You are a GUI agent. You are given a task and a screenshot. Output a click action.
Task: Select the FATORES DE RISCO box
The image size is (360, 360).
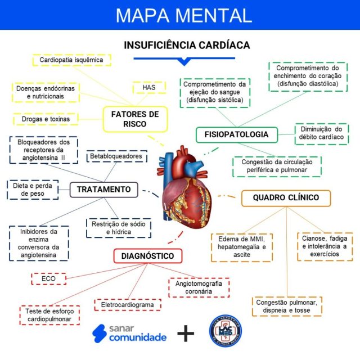tap(135, 119)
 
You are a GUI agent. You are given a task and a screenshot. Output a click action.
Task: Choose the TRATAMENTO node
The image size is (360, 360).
tap(103, 190)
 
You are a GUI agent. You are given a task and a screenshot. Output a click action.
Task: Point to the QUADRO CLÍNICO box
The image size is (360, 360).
tap(286, 197)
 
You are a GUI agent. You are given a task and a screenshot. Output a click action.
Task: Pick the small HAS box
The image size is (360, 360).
tap(148, 88)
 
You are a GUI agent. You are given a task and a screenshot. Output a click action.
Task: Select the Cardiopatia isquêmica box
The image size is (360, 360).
tap(71, 60)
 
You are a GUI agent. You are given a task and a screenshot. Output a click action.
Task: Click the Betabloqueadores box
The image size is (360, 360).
tap(116, 156)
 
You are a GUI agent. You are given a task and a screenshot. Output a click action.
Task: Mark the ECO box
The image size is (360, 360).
tap(48, 278)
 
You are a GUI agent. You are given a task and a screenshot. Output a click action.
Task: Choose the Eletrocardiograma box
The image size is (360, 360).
tap(127, 305)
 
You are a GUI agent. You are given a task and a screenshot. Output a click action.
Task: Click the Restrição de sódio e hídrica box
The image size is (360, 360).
tap(118, 227)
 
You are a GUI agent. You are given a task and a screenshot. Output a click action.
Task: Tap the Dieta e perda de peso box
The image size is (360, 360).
tap(32, 189)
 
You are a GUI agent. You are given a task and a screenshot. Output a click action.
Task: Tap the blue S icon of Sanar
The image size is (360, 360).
tap(100, 333)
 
